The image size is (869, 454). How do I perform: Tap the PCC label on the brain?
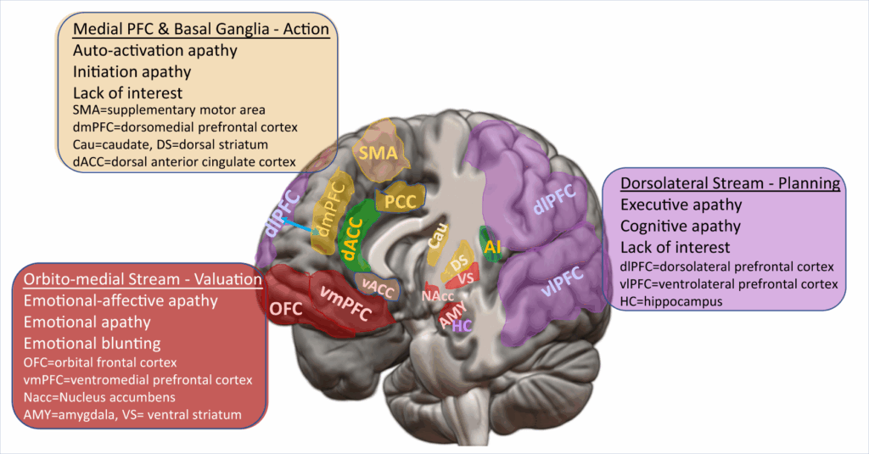(x=400, y=201)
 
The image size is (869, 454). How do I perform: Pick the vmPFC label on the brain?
(x=345, y=301)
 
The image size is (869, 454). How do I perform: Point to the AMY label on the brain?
(x=451, y=317)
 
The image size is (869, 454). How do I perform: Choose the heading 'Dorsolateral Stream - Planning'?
(x=730, y=183)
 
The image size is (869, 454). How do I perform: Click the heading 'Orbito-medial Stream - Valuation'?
(x=142, y=279)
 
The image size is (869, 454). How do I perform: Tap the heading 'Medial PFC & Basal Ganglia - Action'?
(x=201, y=29)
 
